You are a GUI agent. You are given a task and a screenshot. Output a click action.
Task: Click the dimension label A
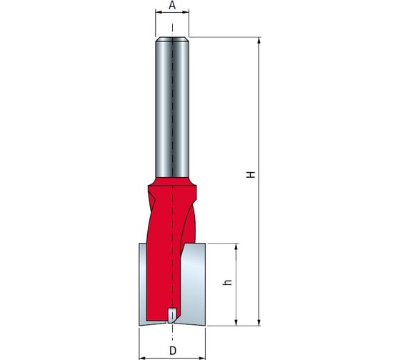click(x=172, y=5)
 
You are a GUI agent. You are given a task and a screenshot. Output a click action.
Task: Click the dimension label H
click(x=251, y=174)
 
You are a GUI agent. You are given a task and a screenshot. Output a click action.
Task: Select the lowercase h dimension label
click(x=227, y=282)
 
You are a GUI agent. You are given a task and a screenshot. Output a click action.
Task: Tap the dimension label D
click(x=173, y=351)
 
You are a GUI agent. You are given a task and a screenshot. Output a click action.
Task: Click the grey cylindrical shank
click(x=172, y=107)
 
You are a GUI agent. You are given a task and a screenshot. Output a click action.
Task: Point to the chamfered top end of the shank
click(x=172, y=39)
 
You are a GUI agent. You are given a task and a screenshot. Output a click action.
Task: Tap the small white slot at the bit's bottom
click(x=172, y=314)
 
